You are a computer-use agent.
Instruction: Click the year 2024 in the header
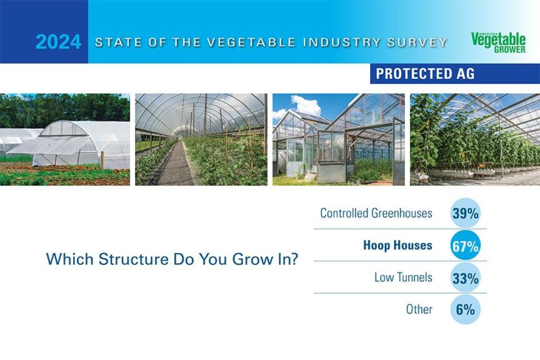[x=58, y=42]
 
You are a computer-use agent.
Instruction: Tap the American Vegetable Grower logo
[x=499, y=42]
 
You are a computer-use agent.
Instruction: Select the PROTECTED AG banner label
[x=425, y=74]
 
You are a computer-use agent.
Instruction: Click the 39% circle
[x=465, y=213]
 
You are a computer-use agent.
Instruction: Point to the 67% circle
[x=465, y=246]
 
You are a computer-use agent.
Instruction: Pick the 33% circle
[x=465, y=278]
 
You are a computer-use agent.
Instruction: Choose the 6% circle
[x=465, y=309]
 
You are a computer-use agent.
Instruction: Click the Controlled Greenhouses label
[x=376, y=213]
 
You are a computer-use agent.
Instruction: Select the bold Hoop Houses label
[x=397, y=246]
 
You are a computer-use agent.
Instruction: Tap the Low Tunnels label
[x=403, y=277]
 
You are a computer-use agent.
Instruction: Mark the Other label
[x=419, y=309]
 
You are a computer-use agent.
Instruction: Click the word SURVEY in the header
[x=418, y=42]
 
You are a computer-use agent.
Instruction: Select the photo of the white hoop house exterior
[x=65, y=139]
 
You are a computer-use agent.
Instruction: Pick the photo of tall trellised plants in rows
[x=474, y=139]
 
